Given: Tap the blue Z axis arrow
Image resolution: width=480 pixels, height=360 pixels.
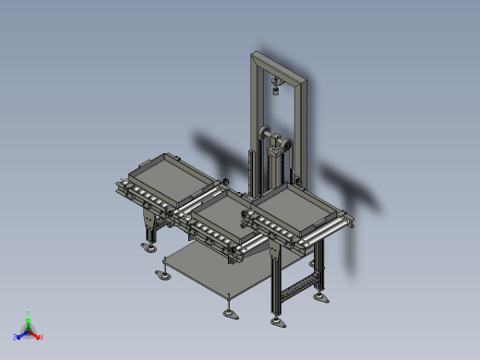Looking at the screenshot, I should point(18,337).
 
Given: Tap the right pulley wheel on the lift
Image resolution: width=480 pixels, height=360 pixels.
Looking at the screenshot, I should point(286,146).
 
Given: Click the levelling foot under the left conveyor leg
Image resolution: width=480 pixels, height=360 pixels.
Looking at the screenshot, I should point(148,246).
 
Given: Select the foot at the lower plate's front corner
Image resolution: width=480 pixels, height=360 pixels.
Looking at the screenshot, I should point(230,312).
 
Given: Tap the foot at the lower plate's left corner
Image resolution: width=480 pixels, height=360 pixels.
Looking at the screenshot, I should point(164,275).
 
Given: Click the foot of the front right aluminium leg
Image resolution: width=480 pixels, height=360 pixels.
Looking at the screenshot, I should point(276,322).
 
